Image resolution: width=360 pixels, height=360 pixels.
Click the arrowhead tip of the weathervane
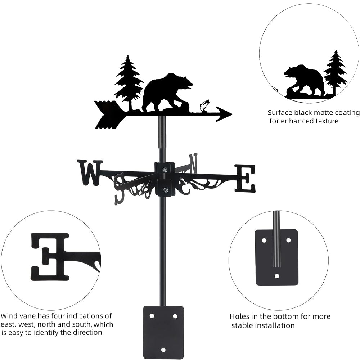[x=232, y=114]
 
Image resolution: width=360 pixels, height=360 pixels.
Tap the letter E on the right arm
[x=245, y=178]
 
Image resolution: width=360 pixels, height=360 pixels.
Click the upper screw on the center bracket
[x=165, y=170]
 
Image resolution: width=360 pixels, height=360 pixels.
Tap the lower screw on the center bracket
[x=165, y=190]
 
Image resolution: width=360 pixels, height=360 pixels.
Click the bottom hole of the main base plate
[x=163, y=350]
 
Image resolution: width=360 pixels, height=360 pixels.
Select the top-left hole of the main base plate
[x=152, y=316]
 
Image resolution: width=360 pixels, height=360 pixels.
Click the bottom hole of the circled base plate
[x=277, y=275]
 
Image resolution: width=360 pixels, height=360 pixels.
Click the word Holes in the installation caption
[x=239, y=316]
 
